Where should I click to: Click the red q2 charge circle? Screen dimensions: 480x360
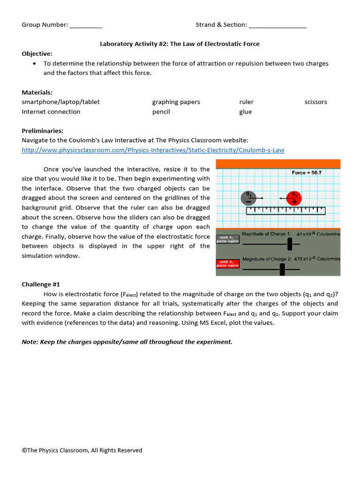[x=294, y=198]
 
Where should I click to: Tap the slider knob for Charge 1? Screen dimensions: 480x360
[x=290, y=243]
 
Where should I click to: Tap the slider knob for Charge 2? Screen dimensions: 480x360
[x=282, y=269]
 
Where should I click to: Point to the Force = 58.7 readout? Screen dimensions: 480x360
[x=307, y=172]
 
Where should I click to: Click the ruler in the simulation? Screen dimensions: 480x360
[x=285, y=210]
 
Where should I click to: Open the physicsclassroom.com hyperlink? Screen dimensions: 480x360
[x=153, y=150]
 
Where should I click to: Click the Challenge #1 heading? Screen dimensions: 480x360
[x=41, y=284]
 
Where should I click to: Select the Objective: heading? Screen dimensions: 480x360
[x=37, y=53]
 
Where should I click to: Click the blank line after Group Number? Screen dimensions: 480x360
[x=86, y=25]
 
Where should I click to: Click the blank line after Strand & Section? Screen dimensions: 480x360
[x=277, y=25]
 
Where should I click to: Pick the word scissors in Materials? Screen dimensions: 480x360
[x=315, y=102]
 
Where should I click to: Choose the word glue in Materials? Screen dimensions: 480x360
[x=245, y=112]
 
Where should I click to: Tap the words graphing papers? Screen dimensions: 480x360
[x=176, y=102]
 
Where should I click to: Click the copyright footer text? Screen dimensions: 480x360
[x=82, y=450]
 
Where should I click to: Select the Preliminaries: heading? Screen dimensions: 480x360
[x=43, y=131]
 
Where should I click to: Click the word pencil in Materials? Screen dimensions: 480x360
[x=161, y=112]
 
